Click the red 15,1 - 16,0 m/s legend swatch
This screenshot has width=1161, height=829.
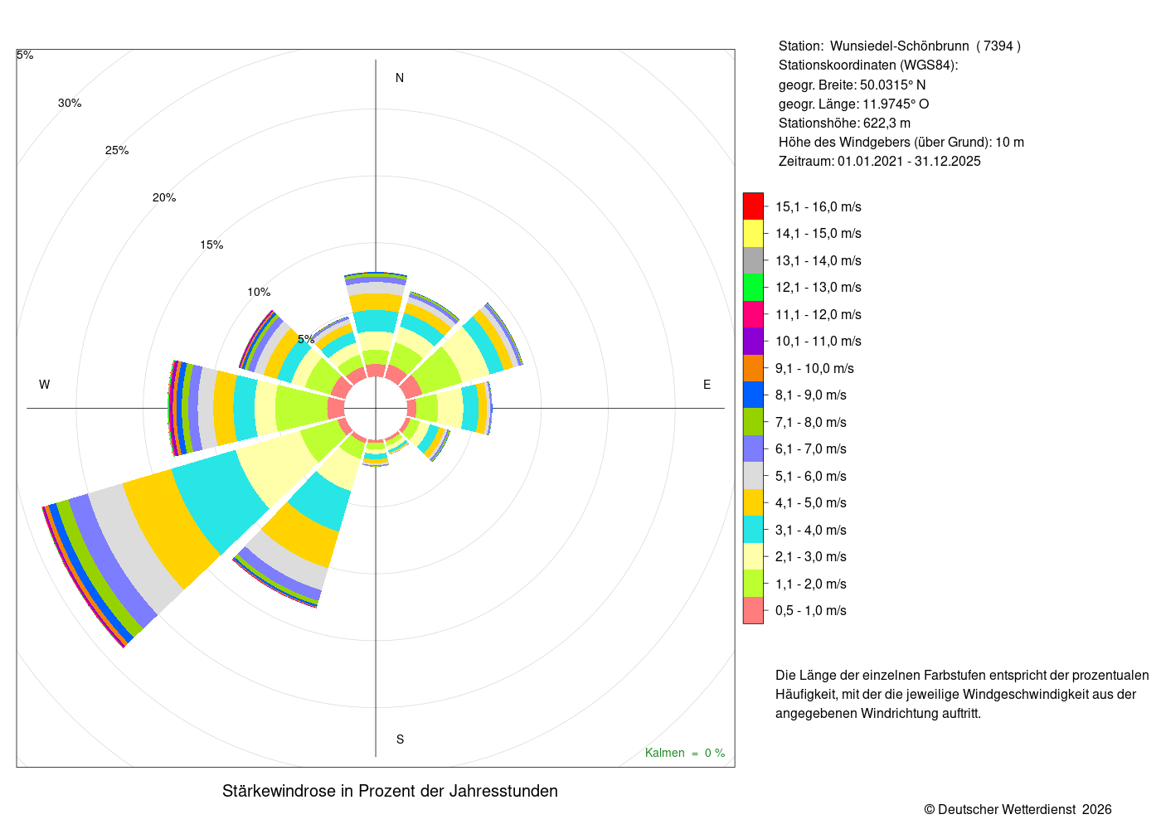pyautogui.click(x=753, y=206)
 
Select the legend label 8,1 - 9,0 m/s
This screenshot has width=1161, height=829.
pyautogui.click(x=811, y=395)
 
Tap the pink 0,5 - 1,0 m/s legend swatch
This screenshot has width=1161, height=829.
pyautogui.click(x=753, y=610)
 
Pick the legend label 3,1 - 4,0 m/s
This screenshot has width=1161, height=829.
pyautogui.click(x=811, y=530)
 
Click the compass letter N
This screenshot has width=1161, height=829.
pyautogui.click(x=400, y=78)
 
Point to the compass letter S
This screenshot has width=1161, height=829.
pyautogui.click(x=400, y=739)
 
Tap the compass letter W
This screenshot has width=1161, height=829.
pyautogui.click(x=45, y=385)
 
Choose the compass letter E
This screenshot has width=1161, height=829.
pyautogui.click(x=707, y=385)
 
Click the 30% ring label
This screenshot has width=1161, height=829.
pyautogui.click(x=70, y=103)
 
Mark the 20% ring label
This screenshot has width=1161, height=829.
pyautogui.click(x=164, y=197)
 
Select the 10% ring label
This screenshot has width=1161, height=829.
pyautogui.click(x=259, y=292)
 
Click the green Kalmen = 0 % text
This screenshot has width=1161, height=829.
pyautogui.click(x=685, y=753)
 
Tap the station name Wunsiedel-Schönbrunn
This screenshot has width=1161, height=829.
pyautogui.click(x=899, y=46)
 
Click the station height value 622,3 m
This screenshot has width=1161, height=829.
pyautogui.click(x=887, y=124)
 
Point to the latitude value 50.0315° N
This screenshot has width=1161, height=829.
pyautogui.click(x=892, y=85)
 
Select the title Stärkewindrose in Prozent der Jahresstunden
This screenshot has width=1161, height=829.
pyautogui.click(x=391, y=791)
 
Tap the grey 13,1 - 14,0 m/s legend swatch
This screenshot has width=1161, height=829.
pyautogui.click(x=753, y=260)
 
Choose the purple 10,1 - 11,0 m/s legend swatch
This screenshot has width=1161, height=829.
pyautogui.click(x=753, y=341)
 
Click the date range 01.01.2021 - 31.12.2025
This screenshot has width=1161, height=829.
pyautogui.click(x=909, y=162)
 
